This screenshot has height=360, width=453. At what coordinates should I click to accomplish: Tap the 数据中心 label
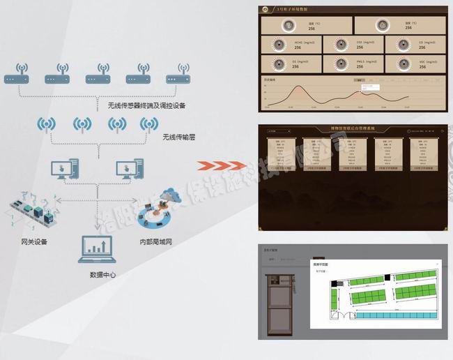[x=103, y=274]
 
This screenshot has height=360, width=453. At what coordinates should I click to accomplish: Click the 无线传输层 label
[x=178, y=137]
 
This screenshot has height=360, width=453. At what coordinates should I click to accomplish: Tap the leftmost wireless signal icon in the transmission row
[x=47, y=125]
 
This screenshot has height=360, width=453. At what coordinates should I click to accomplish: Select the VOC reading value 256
[x=423, y=67]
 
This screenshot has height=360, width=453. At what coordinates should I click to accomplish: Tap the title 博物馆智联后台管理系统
[x=351, y=129]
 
